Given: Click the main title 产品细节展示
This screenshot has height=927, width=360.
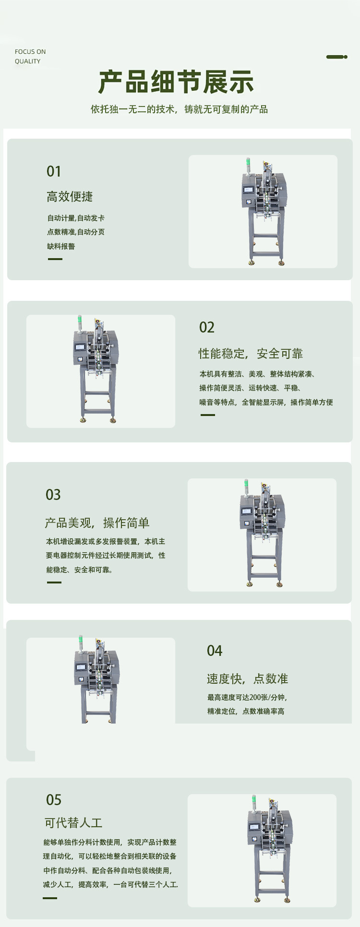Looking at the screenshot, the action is [x=176, y=82].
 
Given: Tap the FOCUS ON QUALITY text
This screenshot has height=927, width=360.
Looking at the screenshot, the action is [x=30, y=56].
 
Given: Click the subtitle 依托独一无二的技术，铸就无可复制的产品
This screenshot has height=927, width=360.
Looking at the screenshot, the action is [x=179, y=109].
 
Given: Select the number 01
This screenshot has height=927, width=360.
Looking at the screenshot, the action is [x=54, y=171].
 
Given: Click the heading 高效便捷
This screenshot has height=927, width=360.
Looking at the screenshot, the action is [x=70, y=197].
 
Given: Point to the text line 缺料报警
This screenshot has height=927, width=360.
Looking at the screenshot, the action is [x=61, y=246].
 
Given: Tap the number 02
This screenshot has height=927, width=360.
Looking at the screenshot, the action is [x=207, y=327].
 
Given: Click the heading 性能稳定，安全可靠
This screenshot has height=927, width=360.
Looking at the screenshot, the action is [x=251, y=354].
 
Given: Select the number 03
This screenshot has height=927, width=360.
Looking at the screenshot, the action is [x=53, y=495].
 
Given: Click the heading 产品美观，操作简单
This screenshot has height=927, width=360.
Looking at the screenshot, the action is [x=97, y=523].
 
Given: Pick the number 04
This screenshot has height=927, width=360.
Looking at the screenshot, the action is [x=215, y=651].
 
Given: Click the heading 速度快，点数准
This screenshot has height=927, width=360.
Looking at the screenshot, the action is [x=247, y=679].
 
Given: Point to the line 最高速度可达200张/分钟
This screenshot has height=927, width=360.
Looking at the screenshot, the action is [x=247, y=697].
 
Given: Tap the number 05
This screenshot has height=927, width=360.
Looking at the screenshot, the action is [x=54, y=800].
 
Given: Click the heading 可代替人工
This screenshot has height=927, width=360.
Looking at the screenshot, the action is [x=73, y=823].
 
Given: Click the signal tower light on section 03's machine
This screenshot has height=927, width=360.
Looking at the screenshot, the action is [x=246, y=487].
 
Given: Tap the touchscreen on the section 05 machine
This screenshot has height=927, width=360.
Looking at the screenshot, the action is [x=255, y=828].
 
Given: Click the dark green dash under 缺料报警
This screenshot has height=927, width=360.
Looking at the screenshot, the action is [x=55, y=259].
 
